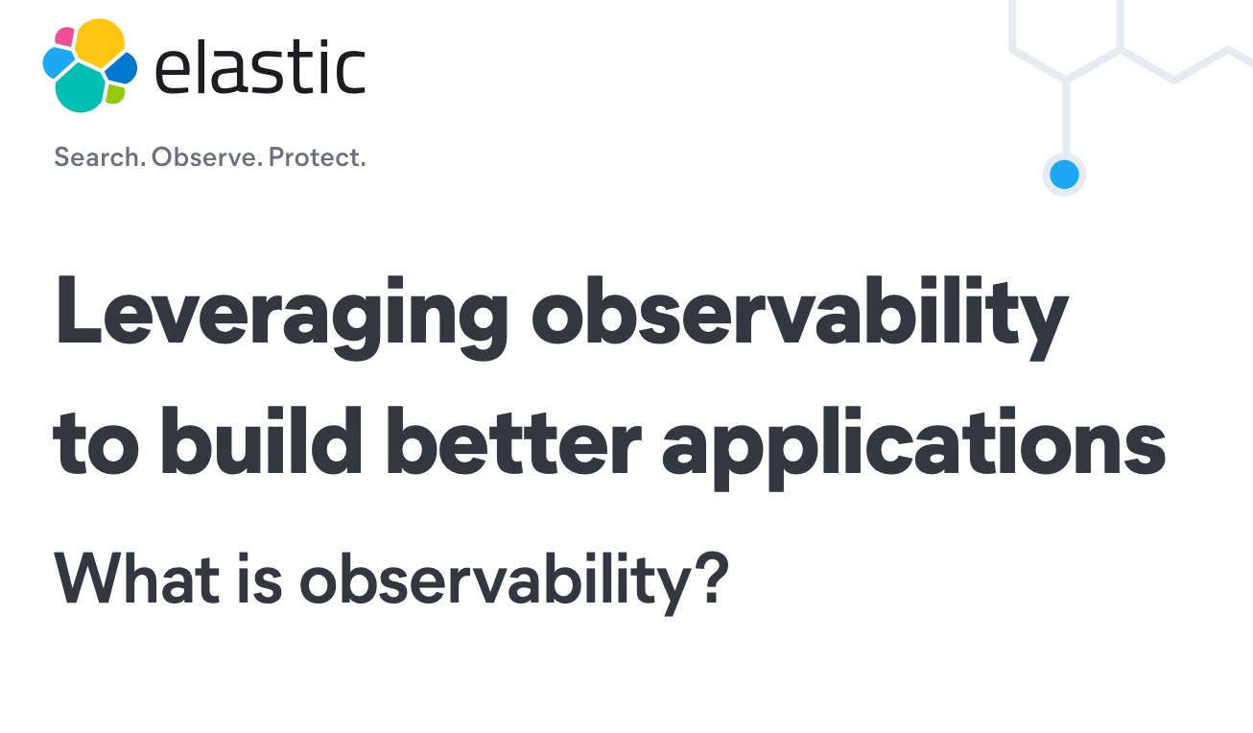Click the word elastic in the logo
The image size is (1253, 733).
tap(260, 67)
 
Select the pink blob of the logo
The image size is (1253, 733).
tap(64, 36)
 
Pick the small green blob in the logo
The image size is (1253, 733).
tap(115, 93)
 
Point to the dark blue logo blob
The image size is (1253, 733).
tap(122, 68)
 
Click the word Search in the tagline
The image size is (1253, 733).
tap(100, 157)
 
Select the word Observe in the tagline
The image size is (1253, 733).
tap(206, 157)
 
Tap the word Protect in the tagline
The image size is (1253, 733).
tap(317, 157)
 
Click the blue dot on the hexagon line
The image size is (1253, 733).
tap(1064, 175)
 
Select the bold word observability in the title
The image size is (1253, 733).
tap(799, 317)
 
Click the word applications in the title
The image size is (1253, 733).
tap(914, 448)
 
